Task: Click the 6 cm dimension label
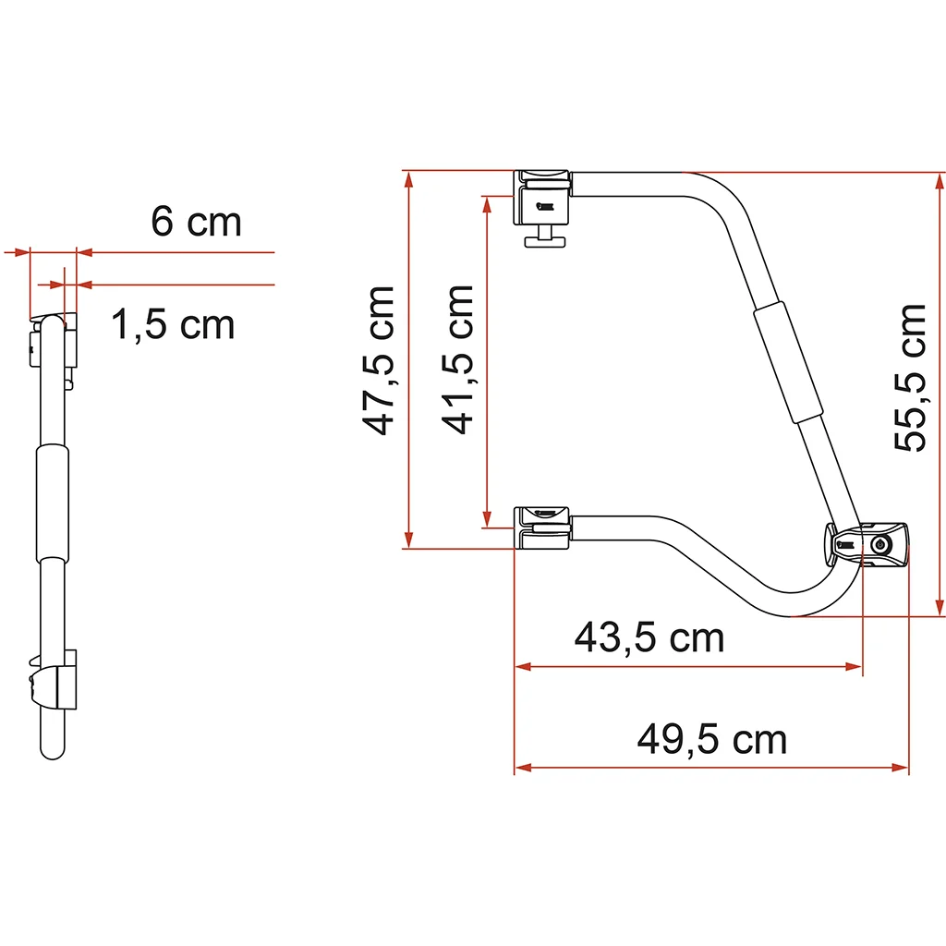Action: click(x=196, y=222)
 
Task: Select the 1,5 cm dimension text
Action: click(x=173, y=324)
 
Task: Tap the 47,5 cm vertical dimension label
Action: click(x=378, y=360)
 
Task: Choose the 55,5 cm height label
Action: click(x=909, y=378)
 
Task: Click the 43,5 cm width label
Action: click(x=649, y=637)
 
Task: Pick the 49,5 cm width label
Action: click(x=712, y=739)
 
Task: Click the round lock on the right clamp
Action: click(x=879, y=545)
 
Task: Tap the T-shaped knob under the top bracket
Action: click(x=545, y=236)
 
